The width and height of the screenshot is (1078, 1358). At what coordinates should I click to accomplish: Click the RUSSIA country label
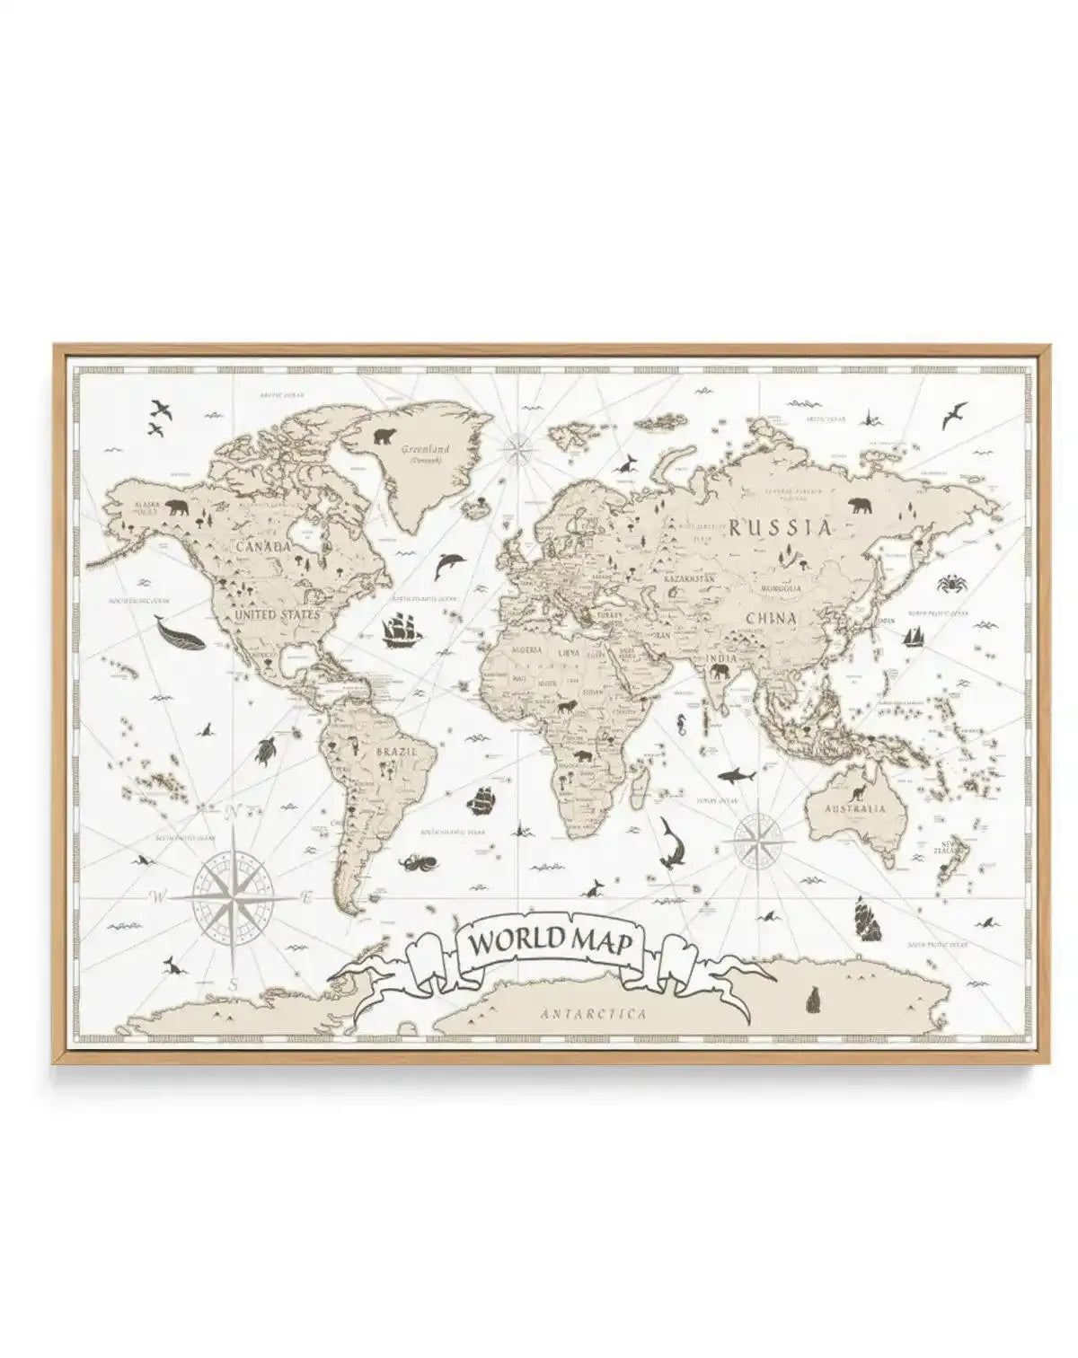click(x=780, y=527)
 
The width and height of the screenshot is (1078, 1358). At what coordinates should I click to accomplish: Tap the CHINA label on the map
click(x=771, y=618)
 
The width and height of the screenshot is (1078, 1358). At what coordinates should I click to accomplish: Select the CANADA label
click(x=263, y=546)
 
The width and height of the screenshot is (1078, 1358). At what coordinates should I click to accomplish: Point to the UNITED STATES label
click(x=276, y=615)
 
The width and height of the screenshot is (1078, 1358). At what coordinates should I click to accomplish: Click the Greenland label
click(x=426, y=448)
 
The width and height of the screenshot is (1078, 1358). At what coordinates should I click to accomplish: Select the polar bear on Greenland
click(x=384, y=437)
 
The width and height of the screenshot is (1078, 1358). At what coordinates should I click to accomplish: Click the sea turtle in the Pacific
click(x=266, y=749)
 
